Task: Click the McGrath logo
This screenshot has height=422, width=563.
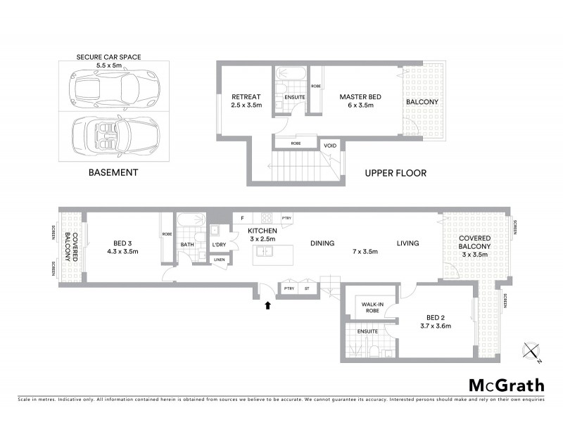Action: [x=507, y=385]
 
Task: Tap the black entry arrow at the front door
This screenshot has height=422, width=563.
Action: [x=267, y=305]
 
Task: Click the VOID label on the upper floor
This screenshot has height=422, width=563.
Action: [x=329, y=146]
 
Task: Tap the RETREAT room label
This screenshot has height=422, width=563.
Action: [x=246, y=97]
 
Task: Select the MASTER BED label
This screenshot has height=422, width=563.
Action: [x=356, y=97]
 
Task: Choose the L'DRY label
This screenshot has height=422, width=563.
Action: [x=219, y=245]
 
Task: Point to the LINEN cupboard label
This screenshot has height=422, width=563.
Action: [x=220, y=260]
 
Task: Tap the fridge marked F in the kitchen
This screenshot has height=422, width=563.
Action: [x=242, y=218]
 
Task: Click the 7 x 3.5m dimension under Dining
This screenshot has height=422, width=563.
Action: [x=365, y=252]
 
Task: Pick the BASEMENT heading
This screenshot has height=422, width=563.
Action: [x=113, y=172]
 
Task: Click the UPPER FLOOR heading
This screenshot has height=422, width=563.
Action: [x=395, y=173]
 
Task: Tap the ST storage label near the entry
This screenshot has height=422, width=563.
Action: [x=307, y=288]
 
